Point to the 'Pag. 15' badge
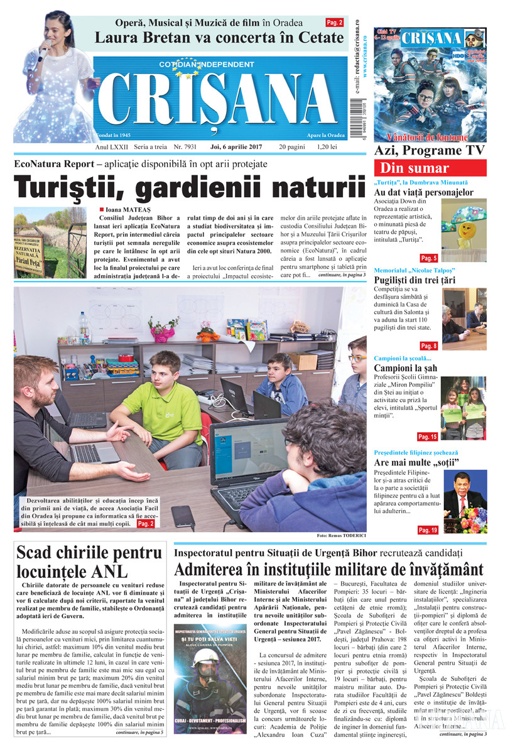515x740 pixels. point(427,437)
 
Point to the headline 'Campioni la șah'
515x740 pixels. point(414,368)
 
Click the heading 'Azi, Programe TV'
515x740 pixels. point(430,151)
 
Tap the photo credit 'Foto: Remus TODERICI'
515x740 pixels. point(341,535)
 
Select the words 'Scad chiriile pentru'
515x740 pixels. point(89,553)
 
